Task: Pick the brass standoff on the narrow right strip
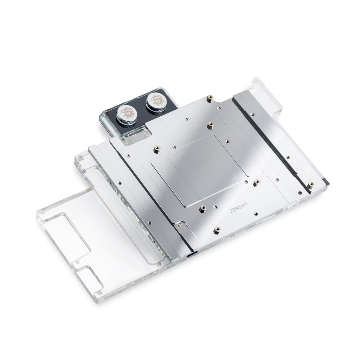tap(311, 184)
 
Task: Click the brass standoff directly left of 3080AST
tap(203, 208)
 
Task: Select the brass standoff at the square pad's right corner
tap(257, 182)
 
